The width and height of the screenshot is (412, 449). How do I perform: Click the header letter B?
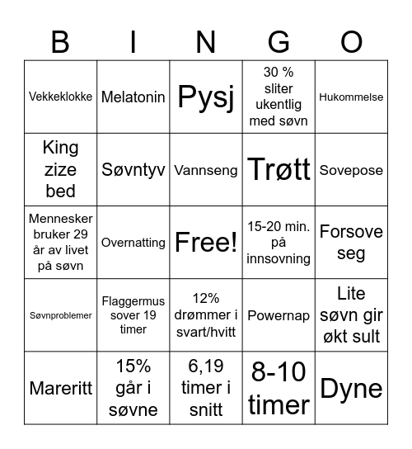[x=60, y=40]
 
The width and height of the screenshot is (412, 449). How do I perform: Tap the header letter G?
[x=279, y=40]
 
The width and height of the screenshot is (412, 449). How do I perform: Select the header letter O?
[x=351, y=40]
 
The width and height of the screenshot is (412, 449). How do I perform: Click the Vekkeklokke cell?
[x=61, y=97]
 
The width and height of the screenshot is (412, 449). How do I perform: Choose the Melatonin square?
[x=133, y=97]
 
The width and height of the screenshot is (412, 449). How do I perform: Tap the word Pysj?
[x=206, y=97]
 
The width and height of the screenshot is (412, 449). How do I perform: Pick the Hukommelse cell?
[x=351, y=97]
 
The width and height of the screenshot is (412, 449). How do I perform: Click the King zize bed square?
[x=61, y=169]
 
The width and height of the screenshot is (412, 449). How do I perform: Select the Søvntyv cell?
[x=133, y=170]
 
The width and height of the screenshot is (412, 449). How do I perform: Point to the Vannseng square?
[x=206, y=170]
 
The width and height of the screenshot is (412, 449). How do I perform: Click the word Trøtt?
[x=279, y=170]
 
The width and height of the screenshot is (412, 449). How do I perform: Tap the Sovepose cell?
[x=351, y=170]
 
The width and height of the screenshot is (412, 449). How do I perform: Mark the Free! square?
[x=206, y=243]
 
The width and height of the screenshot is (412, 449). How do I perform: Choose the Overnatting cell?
[x=133, y=243]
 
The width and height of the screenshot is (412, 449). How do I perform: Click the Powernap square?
[x=279, y=315]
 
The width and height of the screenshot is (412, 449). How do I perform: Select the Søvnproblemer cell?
[x=61, y=315]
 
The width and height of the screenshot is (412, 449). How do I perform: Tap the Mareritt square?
[x=61, y=388]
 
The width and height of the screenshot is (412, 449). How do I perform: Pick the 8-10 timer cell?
[x=279, y=388]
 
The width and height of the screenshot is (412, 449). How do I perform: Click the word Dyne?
[x=351, y=388]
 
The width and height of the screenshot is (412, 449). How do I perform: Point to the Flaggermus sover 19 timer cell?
[x=133, y=315]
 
